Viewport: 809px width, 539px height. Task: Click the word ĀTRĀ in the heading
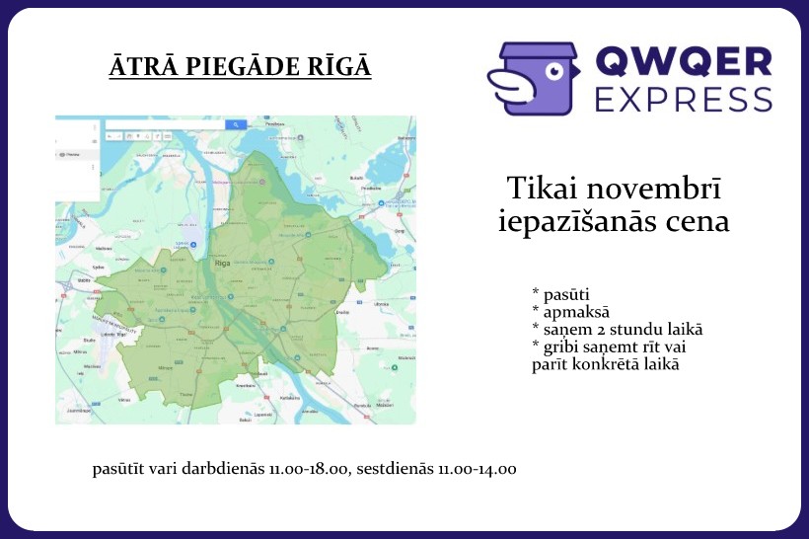tap(137, 68)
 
